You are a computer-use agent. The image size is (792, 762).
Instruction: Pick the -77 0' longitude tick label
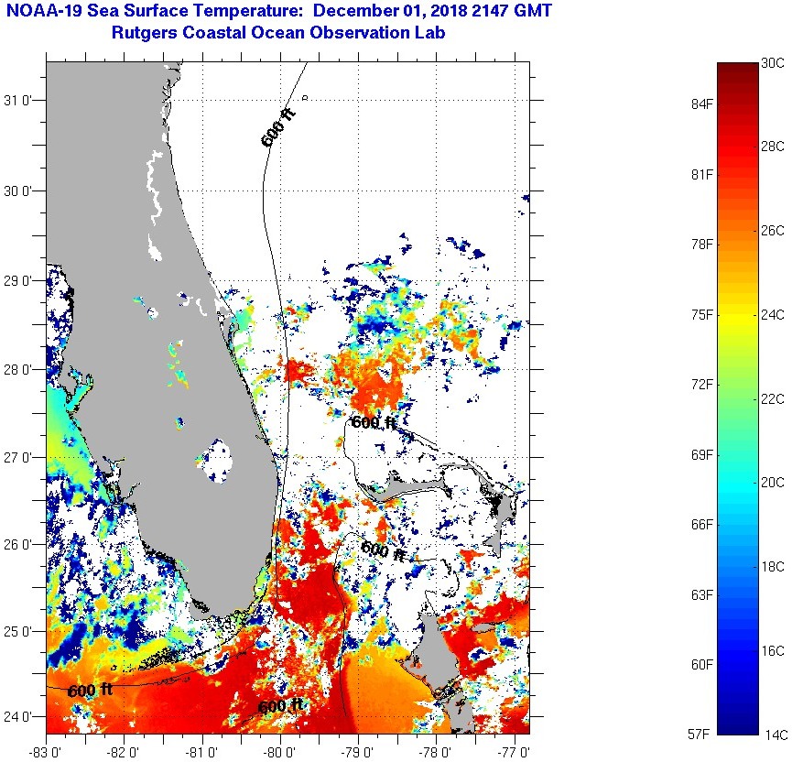pos(515,752)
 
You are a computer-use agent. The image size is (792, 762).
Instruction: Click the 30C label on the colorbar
pos(773,63)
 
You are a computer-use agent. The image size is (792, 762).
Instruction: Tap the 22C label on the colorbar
pos(773,399)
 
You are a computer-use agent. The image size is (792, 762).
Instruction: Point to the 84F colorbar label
pos(702,104)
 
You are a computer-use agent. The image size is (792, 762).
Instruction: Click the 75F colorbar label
pos(702,315)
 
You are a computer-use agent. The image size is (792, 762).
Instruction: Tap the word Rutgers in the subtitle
pos(146,34)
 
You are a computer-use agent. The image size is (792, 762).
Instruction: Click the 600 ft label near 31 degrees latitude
pos(278,127)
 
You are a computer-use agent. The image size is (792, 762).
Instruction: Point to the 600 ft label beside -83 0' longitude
pos(90,690)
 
